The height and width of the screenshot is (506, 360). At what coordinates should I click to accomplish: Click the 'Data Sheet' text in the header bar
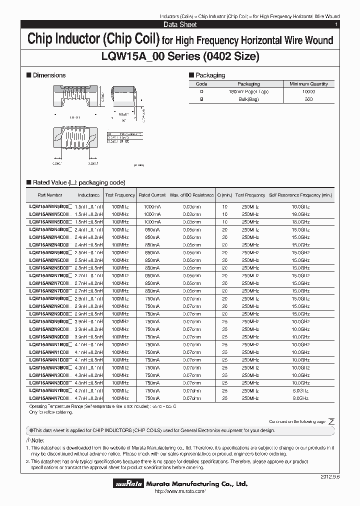[x=180, y=24]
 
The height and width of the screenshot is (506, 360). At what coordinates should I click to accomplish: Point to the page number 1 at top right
[x=336, y=24]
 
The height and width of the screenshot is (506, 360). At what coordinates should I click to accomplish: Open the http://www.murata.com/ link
[x=179, y=492]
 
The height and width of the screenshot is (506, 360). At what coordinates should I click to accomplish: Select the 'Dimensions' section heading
[x=48, y=75]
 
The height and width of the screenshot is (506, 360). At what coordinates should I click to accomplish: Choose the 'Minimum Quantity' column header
[x=308, y=84]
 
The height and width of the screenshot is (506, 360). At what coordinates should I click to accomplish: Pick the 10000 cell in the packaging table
[x=308, y=92]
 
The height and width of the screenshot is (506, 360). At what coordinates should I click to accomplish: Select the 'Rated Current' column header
[x=152, y=195]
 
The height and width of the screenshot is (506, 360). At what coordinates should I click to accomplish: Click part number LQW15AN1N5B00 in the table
[x=49, y=206]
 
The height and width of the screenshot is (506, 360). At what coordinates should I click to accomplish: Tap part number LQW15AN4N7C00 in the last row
[x=49, y=398]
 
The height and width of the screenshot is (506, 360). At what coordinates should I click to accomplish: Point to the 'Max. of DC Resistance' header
[x=192, y=195]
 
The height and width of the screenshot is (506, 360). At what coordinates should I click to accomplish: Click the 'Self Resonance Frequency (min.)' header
[x=300, y=195]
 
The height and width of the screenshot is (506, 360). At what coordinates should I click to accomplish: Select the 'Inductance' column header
[x=88, y=195]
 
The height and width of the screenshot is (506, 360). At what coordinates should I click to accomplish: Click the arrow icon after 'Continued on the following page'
[x=331, y=422]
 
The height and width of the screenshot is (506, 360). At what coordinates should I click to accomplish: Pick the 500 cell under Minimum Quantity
[x=308, y=99]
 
